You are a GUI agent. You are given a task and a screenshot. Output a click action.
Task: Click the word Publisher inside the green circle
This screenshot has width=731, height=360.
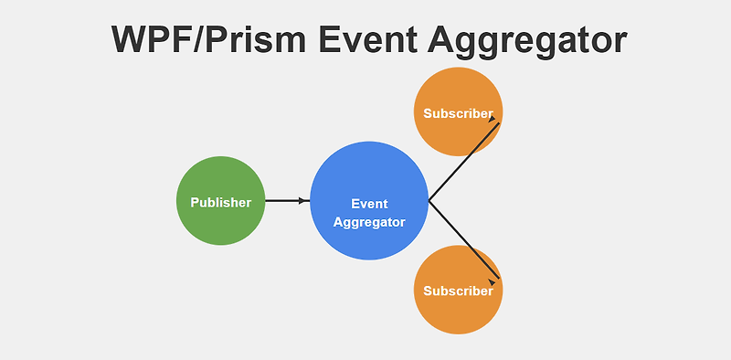(x=220, y=202)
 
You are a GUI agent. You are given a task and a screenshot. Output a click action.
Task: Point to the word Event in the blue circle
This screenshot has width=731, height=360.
(x=369, y=204)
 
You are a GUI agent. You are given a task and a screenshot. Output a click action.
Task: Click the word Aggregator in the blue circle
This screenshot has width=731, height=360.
(x=369, y=222)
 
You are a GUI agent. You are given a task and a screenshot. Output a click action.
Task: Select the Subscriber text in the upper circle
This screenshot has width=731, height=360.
(x=457, y=113)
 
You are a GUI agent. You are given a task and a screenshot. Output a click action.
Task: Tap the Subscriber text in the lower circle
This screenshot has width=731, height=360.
(x=457, y=291)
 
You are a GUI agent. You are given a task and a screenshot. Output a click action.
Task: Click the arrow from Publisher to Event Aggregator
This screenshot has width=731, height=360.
(x=285, y=201)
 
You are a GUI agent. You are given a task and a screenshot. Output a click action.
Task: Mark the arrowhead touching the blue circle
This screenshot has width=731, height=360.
(x=304, y=201)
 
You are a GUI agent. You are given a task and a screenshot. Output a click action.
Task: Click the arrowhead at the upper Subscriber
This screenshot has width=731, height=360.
(x=493, y=119)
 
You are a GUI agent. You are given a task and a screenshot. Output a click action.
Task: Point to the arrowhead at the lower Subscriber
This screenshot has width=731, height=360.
(x=493, y=283)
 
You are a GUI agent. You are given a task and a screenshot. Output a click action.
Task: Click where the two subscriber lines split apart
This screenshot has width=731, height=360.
(x=429, y=201)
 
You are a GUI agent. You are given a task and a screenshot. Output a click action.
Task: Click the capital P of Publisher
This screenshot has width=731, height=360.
(x=195, y=202)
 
